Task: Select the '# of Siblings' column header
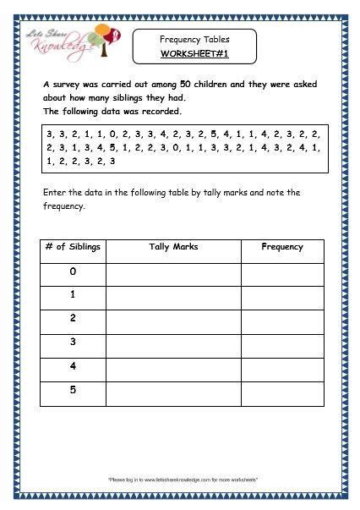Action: click(73, 247)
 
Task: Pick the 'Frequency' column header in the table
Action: click(282, 247)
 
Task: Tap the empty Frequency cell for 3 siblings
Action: click(282, 346)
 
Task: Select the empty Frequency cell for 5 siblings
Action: click(282, 394)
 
